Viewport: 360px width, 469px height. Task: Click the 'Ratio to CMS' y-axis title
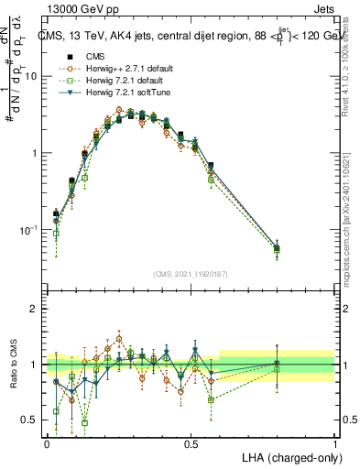(13, 365)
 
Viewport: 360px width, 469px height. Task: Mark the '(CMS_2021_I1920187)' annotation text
(191, 274)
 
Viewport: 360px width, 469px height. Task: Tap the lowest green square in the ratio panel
(84, 422)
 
